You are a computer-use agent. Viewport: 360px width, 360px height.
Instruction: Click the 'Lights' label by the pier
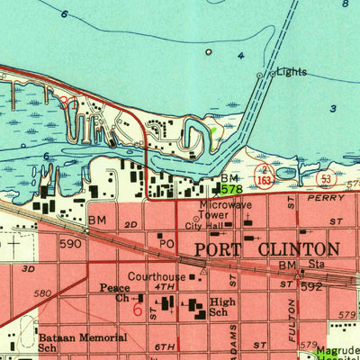point(291,71)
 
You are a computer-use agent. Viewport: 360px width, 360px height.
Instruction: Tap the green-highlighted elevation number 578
point(231,190)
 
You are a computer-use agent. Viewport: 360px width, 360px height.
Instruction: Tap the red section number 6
point(137,309)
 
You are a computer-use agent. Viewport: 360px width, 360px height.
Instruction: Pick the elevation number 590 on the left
point(69,243)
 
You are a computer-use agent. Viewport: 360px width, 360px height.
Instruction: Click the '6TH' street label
point(165,346)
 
